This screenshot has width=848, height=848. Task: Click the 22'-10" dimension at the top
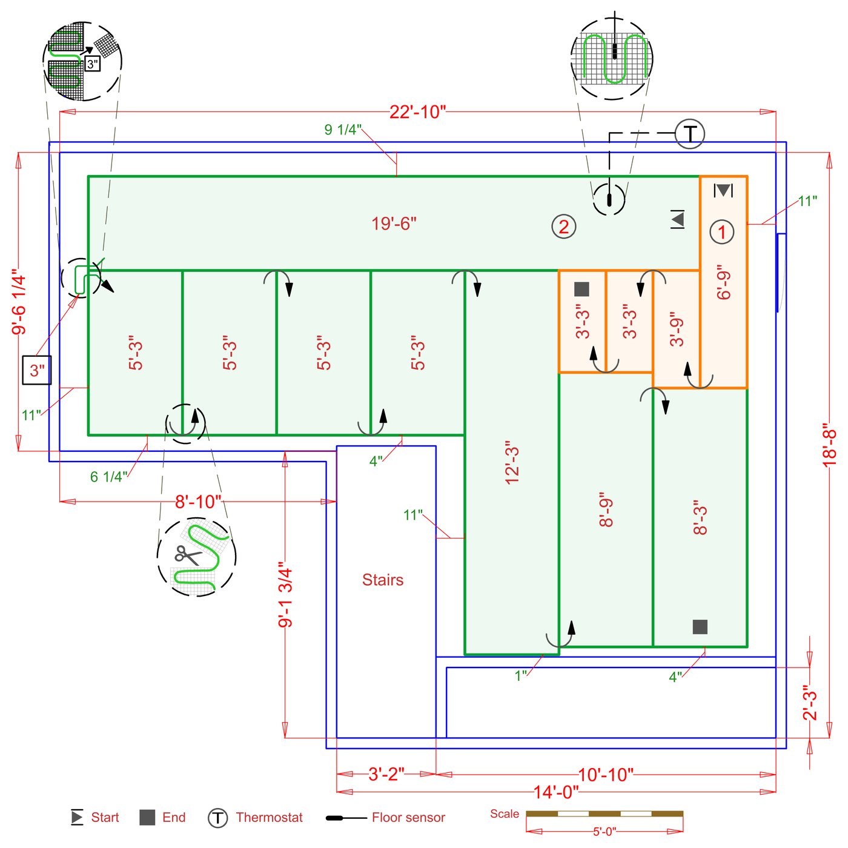pyautogui.click(x=417, y=112)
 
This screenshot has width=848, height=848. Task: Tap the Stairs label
pyautogui.click(x=383, y=580)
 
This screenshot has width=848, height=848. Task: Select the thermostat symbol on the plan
pyautogui.click(x=690, y=133)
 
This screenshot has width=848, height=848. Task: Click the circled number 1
pyautogui.click(x=721, y=232)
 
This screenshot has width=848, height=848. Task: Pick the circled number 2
pyautogui.click(x=563, y=227)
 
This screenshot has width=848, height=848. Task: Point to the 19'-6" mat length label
pyautogui.click(x=394, y=224)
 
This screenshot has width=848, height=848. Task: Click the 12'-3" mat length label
pyautogui.click(x=512, y=463)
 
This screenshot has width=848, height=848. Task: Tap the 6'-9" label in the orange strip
pyautogui.click(x=724, y=282)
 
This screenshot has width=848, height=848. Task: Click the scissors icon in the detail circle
pyautogui.click(x=187, y=555)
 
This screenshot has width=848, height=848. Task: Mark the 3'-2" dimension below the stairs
pyautogui.click(x=386, y=774)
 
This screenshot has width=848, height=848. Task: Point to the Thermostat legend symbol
pyautogui.click(x=218, y=818)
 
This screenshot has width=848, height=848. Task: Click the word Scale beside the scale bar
pyautogui.click(x=505, y=813)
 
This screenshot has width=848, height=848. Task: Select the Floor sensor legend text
pyautogui.click(x=408, y=818)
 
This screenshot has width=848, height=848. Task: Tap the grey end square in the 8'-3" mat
pyautogui.click(x=700, y=627)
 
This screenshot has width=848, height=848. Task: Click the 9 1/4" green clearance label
pyautogui.click(x=343, y=130)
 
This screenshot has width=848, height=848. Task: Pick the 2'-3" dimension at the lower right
pyautogui.click(x=810, y=703)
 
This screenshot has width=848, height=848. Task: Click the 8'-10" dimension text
pyautogui.click(x=198, y=502)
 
